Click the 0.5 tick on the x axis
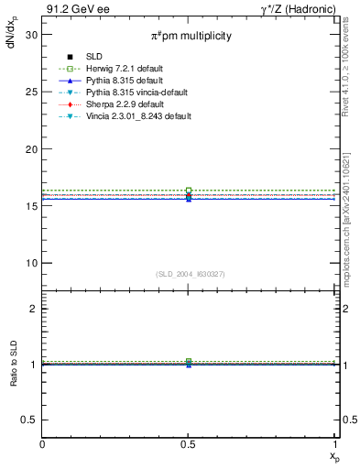click(x=189, y=444)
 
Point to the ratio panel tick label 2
click(x=34, y=309)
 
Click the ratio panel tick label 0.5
click(x=29, y=420)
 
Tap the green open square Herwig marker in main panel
click(x=189, y=191)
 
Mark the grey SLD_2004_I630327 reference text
click(x=189, y=274)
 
